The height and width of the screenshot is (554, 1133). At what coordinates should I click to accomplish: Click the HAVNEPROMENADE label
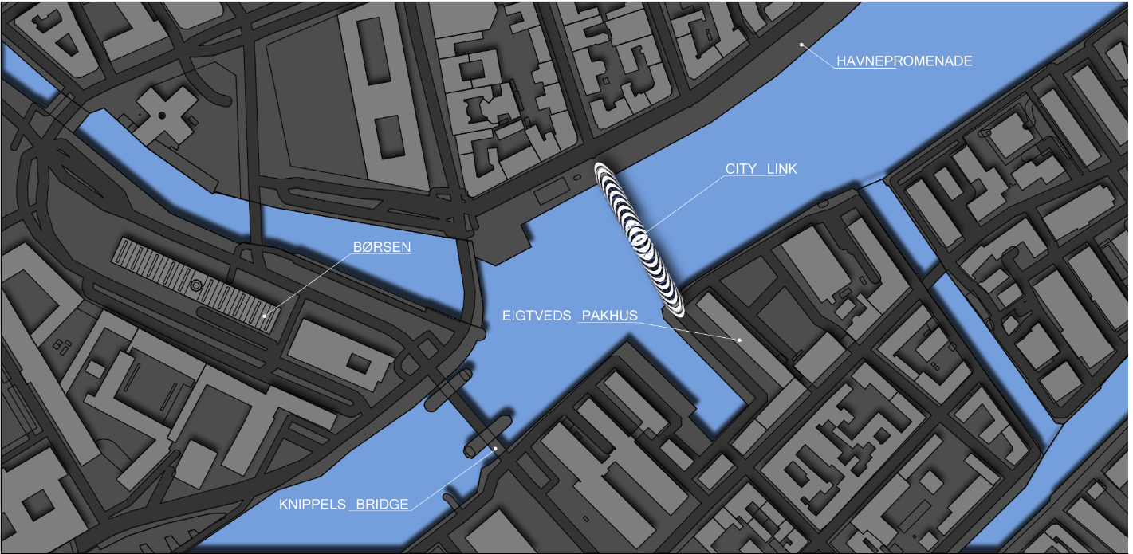tap(904, 61)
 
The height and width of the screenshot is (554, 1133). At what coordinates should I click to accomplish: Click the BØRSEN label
tap(382, 247)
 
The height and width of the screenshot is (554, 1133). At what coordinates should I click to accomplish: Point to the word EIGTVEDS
tap(537, 316)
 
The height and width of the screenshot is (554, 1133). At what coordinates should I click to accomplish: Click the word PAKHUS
tap(610, 316)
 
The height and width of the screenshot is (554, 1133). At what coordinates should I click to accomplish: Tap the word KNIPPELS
tap(313, 504)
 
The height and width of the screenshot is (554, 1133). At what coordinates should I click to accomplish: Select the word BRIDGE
tap(382, 504)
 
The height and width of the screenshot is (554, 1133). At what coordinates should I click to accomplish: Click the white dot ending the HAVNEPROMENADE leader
tap(801, 45)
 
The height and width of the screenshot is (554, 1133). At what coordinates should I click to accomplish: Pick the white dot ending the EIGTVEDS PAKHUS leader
tap(740, 340)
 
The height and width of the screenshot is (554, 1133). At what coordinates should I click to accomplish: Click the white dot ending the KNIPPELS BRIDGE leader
tap(495, 449)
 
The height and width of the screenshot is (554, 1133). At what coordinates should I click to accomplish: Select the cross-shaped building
tap(163, 116)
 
